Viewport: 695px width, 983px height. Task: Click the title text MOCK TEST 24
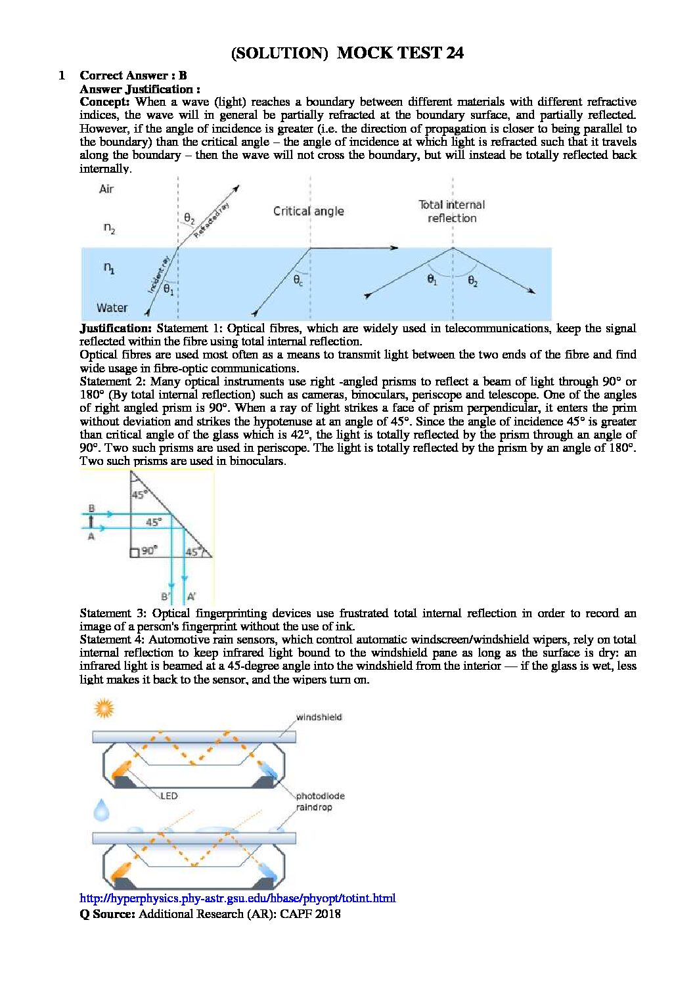[x=400, y=53]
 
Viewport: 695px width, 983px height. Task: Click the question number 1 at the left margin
[x=62, y=76]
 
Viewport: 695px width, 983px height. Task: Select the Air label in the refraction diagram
[x=106, y=189]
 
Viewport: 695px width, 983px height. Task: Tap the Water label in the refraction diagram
[x=112, y=307]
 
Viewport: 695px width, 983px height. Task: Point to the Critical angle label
[x=308, y=211]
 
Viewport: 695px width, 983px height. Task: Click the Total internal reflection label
[x=452, y=211]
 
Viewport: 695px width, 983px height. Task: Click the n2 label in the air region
[x=109, y=229]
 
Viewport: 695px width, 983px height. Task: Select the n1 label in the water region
[x=109, y=268]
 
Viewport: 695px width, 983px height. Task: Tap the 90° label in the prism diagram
[x=148, y=551]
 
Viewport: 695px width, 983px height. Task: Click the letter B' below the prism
[x=166, y=597]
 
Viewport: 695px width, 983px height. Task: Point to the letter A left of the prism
[x=91, y=536]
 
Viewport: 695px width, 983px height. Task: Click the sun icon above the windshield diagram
[x=104, y=709]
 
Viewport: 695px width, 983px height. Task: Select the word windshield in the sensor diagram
[x=319, y=717]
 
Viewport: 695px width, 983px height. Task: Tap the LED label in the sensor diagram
[x=169, y=796]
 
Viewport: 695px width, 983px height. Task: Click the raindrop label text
[x=315, y=808]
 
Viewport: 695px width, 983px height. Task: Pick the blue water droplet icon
[x=102, y=810]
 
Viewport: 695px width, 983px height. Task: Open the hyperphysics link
[x=237, y=898]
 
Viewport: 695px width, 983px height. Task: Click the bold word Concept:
[x=104, y=102]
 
